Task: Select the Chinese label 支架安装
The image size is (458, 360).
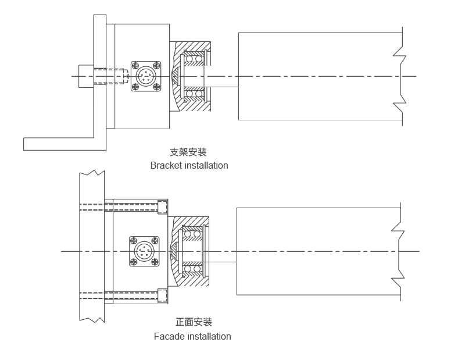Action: (x=188, y=152)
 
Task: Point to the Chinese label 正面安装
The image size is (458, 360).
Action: (x=194, y=322)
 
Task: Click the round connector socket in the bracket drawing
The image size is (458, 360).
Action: (x=145, y=76)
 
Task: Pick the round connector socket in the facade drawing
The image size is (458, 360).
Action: (x=143, y=252)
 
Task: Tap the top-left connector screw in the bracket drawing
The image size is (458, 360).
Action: (x=135, y=65)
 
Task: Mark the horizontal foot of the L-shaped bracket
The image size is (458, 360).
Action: (x=58, y=143)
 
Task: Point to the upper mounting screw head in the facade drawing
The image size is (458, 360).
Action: (x=163, y=206)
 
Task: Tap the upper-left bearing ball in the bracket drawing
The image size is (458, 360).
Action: (x=189, y=58)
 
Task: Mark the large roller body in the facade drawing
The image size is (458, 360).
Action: (x=314, y=252)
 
